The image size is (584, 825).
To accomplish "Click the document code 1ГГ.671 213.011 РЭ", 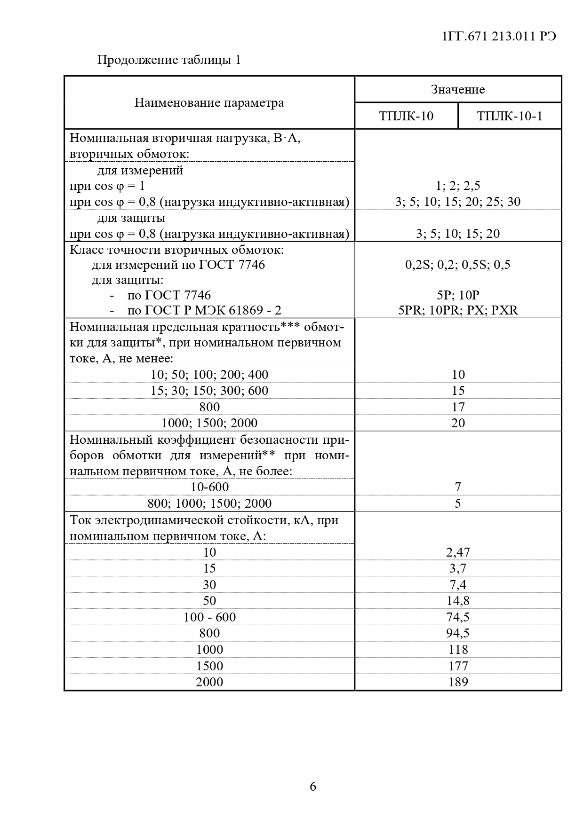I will pos(499,36).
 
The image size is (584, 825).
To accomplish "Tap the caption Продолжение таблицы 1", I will pos(169,60).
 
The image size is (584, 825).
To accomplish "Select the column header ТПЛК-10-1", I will pos(509,116).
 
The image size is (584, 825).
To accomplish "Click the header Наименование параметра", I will pos(209,102).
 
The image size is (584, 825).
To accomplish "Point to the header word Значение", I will pos(457,89).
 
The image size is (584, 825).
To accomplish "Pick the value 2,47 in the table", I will pos(458,552).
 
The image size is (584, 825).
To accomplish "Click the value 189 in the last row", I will pos(458,682).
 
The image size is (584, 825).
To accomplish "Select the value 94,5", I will pos(458,633).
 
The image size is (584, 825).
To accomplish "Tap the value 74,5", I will pos(458,617).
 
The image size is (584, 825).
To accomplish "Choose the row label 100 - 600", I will pos(209,617).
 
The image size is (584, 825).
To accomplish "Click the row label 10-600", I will pos(209,487).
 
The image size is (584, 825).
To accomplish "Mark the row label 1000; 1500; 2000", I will pos(209,423).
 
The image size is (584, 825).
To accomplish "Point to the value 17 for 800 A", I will pos(458,407).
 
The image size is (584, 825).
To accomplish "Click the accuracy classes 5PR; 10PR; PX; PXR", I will pos(458,310).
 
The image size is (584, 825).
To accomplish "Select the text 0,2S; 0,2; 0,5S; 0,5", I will pos(458,265).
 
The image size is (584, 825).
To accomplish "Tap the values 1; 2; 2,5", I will pos(458,186).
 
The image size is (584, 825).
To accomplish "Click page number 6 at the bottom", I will pos(313,786).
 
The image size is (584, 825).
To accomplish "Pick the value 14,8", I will pos(458,600).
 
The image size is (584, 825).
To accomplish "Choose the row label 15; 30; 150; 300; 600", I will pos(209,390).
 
